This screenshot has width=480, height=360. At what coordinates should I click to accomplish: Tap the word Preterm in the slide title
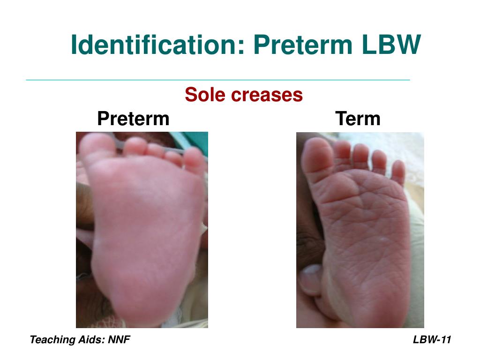[x=302, y=45]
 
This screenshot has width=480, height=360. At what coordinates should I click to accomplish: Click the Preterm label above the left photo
[x=133, y=118]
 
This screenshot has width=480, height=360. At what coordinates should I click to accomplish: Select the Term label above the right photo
[x=358, y=118]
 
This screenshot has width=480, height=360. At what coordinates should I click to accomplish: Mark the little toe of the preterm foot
[x=195, y=159]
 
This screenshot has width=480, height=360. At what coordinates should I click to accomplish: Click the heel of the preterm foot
[x=141, y=300]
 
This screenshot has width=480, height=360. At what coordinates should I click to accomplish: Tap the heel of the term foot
[x=375, y=300]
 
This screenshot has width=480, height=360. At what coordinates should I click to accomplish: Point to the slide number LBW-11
[x=432, y=340]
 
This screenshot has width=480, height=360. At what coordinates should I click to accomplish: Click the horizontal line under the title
[x=218, y=80]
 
